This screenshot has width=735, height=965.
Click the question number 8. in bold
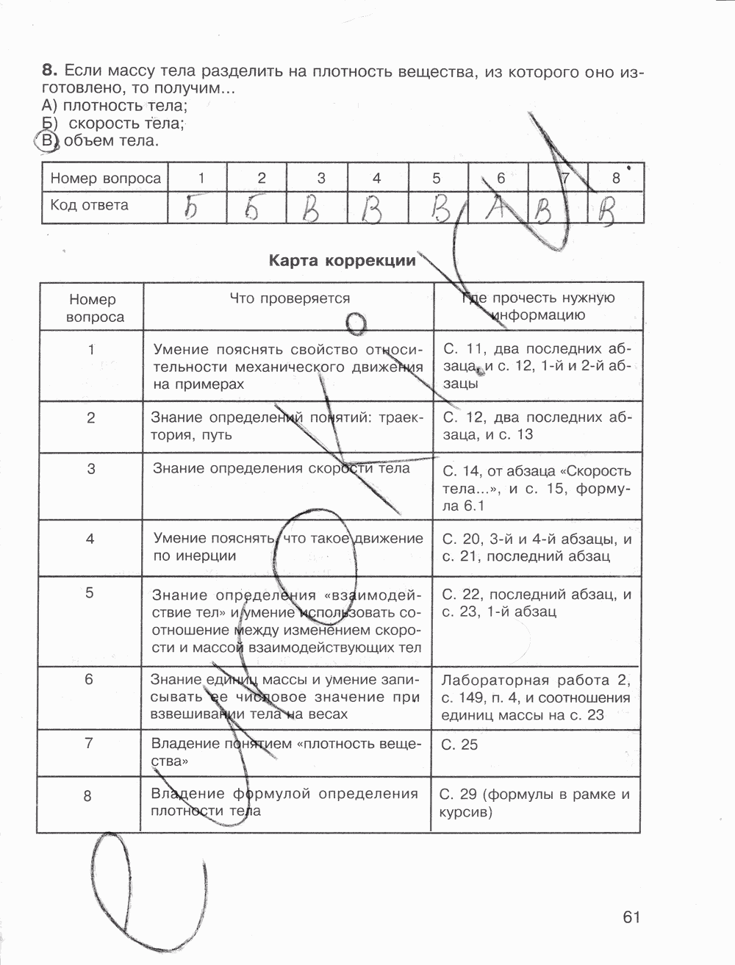(49, 71)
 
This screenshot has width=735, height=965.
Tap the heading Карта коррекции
(342, 260)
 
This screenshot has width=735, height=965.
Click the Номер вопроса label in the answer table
(105, 179)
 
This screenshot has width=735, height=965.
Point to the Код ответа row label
(89, 205)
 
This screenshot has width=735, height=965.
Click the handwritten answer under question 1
(193, 208)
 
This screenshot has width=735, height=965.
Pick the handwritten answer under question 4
(373, 210)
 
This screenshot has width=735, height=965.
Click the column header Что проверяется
(290, 298)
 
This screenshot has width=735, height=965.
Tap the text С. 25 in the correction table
(459, 745)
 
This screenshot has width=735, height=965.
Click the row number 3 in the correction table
(90, 468)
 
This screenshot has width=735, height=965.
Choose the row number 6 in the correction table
(89, 679)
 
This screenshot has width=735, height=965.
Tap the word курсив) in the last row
(465, 812)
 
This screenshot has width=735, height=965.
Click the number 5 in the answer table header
(436, 178)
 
